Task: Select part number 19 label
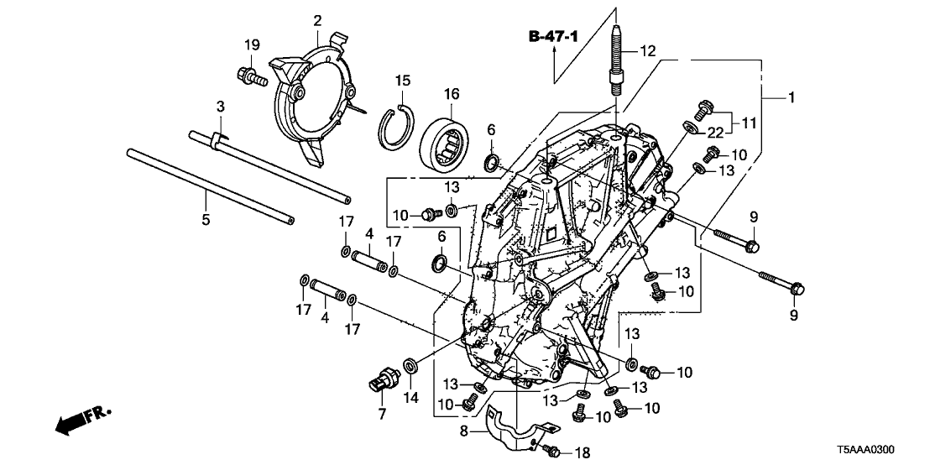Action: (249, 46)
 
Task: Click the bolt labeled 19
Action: (251, 76)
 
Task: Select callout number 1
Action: (790, 98)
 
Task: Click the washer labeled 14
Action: (411, 365)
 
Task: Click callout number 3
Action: (220, 107)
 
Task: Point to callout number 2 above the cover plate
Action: (318, 19)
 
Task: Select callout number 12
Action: (646, 52)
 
